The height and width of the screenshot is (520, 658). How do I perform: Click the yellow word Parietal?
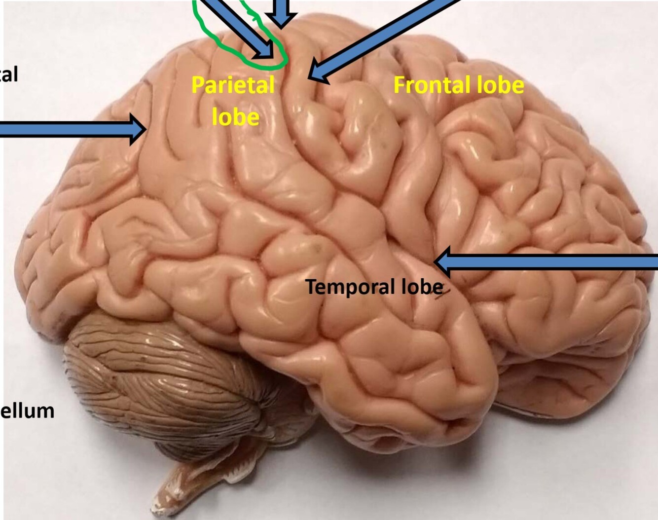232,85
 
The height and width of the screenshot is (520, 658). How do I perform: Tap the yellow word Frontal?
427,85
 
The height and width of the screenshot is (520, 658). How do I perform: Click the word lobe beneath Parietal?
235,117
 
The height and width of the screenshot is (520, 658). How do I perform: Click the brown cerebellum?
148,375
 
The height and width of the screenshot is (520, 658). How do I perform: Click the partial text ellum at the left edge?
27,410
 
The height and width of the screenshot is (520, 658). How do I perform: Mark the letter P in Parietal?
197,85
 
